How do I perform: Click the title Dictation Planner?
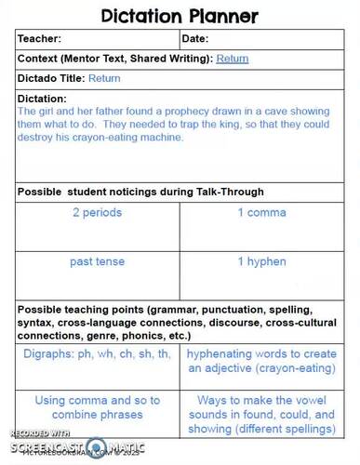tap(180, 16)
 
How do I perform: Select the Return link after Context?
tap(233, 59)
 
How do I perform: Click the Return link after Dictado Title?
tap(104, 79)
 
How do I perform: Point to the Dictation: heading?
tap(43, 99)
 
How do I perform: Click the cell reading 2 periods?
tap(97, 213)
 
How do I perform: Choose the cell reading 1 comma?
tap(260, 213)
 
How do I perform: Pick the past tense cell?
tap(97, 262)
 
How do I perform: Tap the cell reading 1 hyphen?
tap(260, 262)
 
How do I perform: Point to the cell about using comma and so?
tap(97, 406)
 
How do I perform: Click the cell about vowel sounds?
tap(260, 414)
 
